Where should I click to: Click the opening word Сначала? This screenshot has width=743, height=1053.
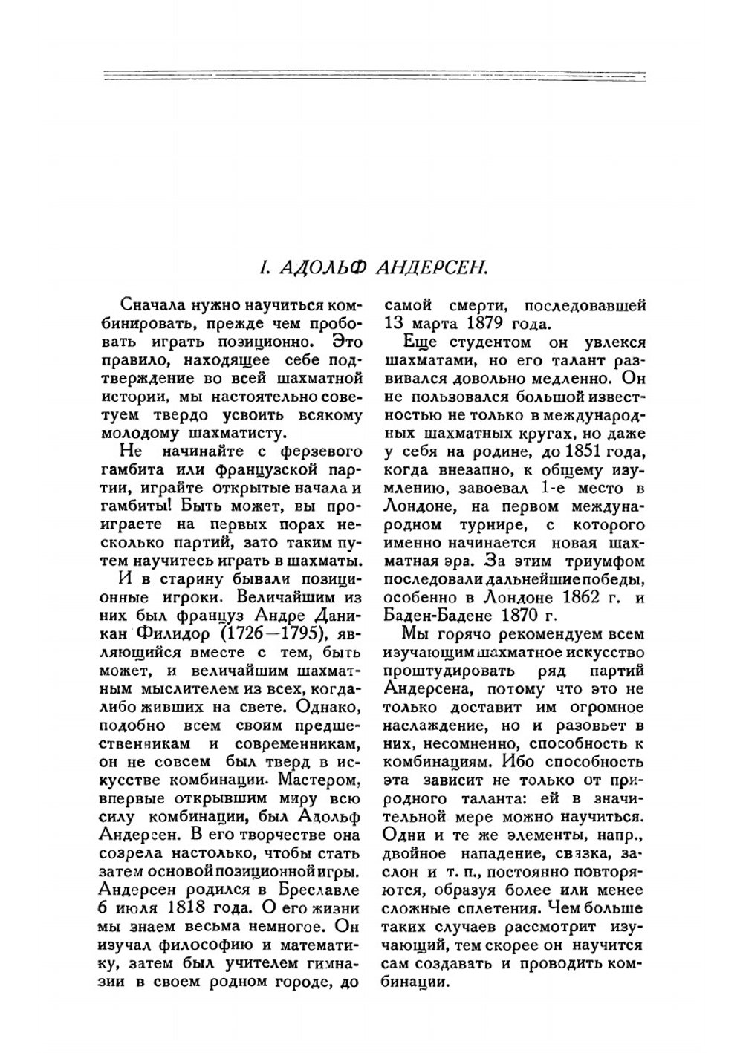coord(149,306)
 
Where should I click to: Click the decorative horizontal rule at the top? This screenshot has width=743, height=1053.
coord(371,76)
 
